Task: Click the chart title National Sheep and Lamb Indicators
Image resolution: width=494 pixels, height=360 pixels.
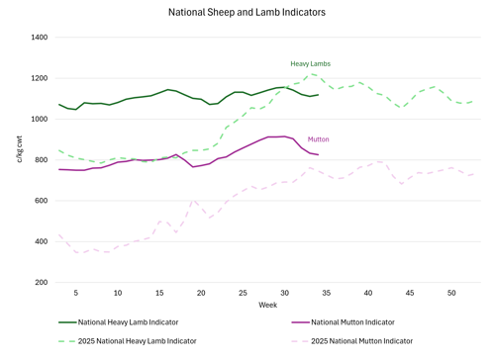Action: pyautogui.click(x=247, y=12)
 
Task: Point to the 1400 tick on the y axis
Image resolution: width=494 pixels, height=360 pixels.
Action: pyautogui.click(x=40, y=38)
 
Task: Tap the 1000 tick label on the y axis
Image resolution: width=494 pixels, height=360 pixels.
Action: pyautogui.click(x=40, y=119)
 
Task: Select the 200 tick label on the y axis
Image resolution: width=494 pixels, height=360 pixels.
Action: pyautogui.click(x=42, y=282)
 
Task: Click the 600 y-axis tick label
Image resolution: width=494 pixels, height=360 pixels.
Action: pyautogui.click(x=42, y=201)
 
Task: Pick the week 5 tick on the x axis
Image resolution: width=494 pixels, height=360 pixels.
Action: pyautogui.click(x=76, y=293)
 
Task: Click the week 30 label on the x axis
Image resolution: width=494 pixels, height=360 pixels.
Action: pyautogui.click(x=284, y=293)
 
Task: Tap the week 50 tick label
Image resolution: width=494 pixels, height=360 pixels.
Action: pyautogui.click(x=451, y=293)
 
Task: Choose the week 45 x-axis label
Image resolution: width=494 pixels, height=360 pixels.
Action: pyautogui.click(x=410, y=293)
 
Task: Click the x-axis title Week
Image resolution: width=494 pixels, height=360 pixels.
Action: pyautogui.click(x=267, y=305)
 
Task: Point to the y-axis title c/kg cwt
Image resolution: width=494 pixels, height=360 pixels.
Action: pyautogui.click(x=20, y=149)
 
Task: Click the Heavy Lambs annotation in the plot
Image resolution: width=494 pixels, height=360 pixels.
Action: pyautogui.click(x=310, y=64)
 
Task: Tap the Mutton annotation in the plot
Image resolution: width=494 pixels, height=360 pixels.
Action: pyautogui.click(x=318, y=139)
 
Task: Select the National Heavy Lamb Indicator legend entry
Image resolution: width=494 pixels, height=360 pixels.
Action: pyautogui.click(x=118, y=322)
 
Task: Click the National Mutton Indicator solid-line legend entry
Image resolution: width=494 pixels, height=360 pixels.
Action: pyautogui.click(x=343, y=322)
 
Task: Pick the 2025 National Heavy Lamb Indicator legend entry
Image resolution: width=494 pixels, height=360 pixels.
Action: pyautogui.click(x=128, y=341)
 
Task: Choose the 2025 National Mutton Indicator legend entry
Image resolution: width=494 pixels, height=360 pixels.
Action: pyautogui.click(x=351, y=341)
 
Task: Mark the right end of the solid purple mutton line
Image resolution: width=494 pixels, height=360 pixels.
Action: pyautogui.click(x=318, y=154)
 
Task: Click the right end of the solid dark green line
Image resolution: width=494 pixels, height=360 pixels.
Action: pyautogui.click(x=318, y=95)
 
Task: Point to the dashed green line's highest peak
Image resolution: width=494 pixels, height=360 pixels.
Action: pyautogui.click(x=310, y=74)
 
